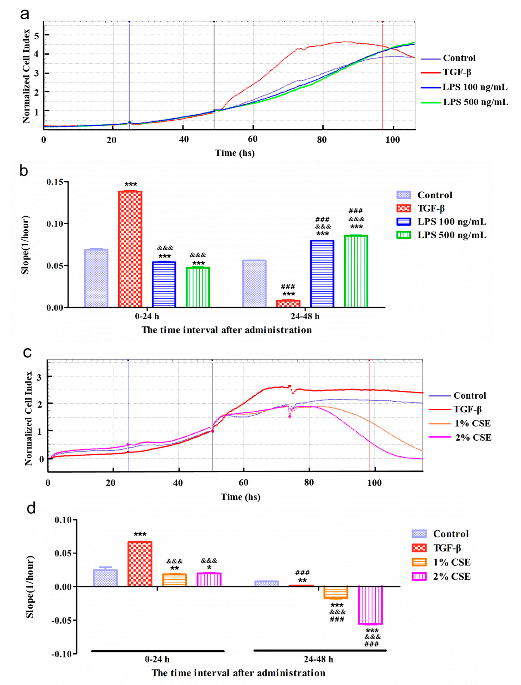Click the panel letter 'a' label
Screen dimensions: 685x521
click(25, 14)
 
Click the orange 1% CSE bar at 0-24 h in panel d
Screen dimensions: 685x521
click(175, 580)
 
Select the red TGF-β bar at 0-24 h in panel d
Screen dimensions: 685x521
click(140, 564)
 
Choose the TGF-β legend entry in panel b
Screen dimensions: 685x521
click(431, 208)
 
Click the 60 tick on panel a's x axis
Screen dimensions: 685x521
click(253, 139)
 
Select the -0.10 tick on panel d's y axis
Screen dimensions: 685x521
click(63, 654)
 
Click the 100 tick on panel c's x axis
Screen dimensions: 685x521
click(374, 483)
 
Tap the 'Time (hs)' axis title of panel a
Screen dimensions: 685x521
click(235, 153)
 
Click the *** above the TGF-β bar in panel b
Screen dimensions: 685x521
click(131, 185)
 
